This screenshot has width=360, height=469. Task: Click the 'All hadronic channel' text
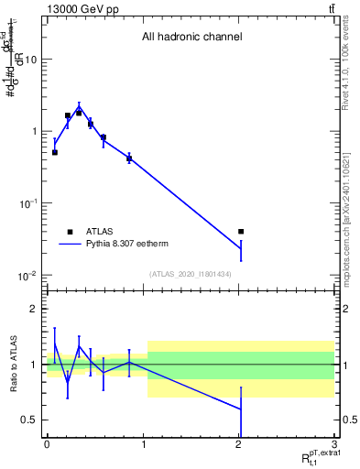(x=191, y=38)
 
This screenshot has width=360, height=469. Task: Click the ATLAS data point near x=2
(x=241, y=232)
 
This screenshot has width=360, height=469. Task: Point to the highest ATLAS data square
(x=79, y=113)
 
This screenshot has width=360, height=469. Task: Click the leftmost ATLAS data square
(x=55, y=153)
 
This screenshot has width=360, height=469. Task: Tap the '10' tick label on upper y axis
(x=29, y=60)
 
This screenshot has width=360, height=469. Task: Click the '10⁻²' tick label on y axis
(x=26, y=276)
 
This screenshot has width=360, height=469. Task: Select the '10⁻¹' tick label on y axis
(x=26, y=203)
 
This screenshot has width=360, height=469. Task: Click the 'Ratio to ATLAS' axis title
(x=12, y=364)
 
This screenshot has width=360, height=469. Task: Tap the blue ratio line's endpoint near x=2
(x=241, y=409)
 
